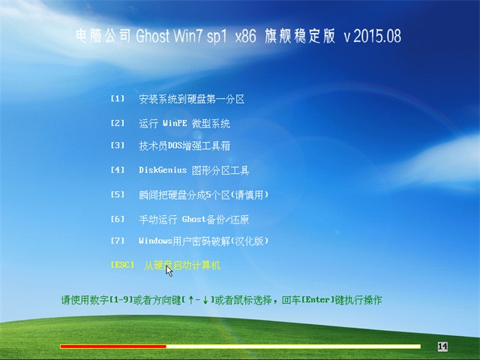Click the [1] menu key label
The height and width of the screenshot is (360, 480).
(118, 98)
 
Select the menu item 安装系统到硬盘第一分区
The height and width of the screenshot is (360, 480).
(192, 99)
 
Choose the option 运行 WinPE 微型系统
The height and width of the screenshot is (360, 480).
(184, 123)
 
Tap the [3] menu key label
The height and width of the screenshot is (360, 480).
(118, 145)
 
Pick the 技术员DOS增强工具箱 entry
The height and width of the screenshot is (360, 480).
(184, 145)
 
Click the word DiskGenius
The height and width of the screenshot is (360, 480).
(163, 170)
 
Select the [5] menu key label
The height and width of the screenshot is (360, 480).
(118, 194)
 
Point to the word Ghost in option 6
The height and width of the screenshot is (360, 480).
(193, 219)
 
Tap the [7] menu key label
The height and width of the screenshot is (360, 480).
(118, 241)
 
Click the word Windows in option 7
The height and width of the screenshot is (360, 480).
(155, 241)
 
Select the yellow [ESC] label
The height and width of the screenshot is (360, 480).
(122, 265)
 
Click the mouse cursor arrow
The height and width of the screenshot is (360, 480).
(169, 271)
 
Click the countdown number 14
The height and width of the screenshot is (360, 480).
(442, 346)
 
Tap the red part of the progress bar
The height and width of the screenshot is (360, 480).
(113, 346)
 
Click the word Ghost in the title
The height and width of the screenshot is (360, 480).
(152, 36)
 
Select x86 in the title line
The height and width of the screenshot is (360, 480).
(245, 36)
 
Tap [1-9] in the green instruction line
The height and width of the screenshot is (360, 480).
(121, 300)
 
